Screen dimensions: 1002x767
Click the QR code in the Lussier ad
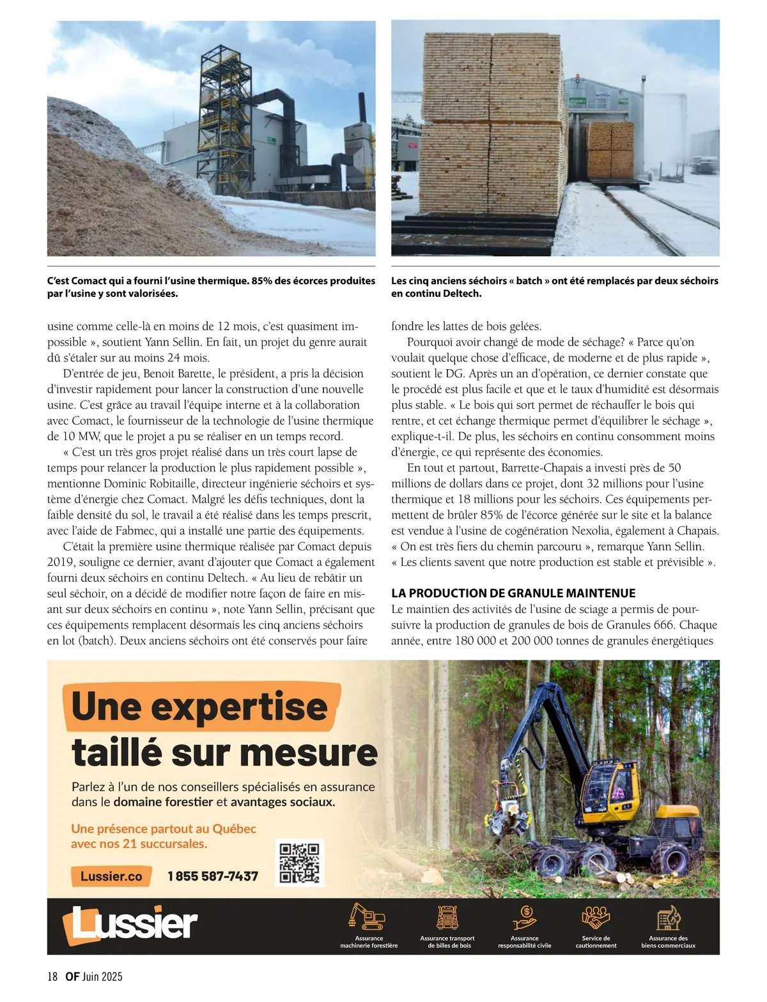tap(300, 863)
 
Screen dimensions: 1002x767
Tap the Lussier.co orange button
tap(111, 876)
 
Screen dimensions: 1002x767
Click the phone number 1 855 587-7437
tap(213, 876)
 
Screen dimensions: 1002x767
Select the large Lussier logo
tap(130, 923)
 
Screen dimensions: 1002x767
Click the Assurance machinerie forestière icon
tap(368, 916)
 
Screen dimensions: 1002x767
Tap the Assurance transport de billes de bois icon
tap(447, 916)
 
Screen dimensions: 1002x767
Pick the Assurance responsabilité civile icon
tap(525, 916)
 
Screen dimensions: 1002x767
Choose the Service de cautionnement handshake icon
tap(596, 916)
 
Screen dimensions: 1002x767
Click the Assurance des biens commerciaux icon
tap(669, 916)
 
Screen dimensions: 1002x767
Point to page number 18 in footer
tap(52, 976)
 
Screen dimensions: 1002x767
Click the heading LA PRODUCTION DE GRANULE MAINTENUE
tap(513, 593)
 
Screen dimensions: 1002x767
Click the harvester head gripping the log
tap(509, 811)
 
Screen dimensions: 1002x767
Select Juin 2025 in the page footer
tap(102, 976)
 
